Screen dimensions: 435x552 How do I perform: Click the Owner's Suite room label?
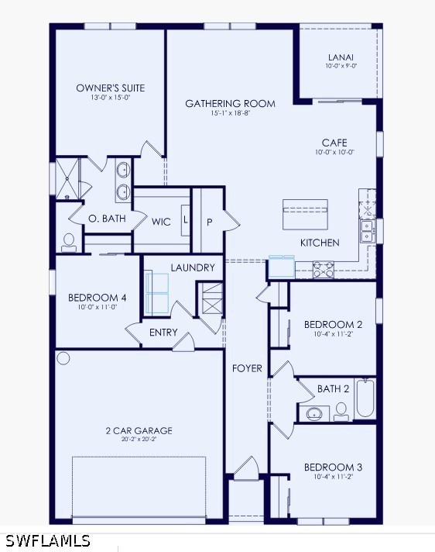111,88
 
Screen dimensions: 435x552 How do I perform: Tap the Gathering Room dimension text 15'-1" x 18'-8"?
230,113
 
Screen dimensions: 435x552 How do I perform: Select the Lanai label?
341,57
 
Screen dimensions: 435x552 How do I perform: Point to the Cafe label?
334,143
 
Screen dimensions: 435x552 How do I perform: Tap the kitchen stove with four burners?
324,269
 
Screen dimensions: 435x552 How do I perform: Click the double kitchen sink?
367,231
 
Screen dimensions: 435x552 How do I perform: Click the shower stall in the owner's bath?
67,180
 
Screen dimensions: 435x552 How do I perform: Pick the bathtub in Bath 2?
365,398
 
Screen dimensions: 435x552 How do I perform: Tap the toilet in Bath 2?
341,412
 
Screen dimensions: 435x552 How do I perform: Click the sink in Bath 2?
314,414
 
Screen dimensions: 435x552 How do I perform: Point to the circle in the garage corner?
63,358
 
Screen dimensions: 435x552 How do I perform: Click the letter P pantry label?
210,223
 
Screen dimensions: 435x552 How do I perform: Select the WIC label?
161,223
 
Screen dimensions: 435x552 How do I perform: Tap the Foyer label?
247,368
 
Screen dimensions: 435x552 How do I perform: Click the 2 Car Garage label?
139,430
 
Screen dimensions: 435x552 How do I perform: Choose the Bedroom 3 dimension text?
333,477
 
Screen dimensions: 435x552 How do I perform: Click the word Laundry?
193,267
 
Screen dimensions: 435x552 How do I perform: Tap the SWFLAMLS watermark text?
48,540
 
